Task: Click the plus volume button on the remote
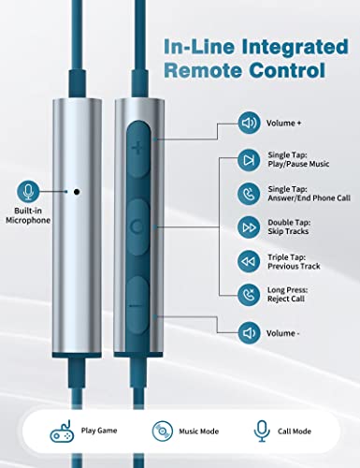(138, 149)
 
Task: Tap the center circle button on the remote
(137, 227)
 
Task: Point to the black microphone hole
(77, 192)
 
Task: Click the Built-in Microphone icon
(28, 191)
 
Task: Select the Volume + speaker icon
(249, 123)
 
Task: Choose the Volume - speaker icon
(249, 333)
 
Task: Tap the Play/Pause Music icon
(249, 160)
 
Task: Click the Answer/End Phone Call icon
(249, 194)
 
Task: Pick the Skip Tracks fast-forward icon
(249, 227)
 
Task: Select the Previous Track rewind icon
(249, 261)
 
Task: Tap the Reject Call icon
(249, 295)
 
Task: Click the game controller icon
(63, 431)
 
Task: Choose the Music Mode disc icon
(163, 431)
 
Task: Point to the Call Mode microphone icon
(262, 431)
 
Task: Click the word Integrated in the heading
(295, 48)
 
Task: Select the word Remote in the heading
(203, 70)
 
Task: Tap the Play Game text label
(99, 431)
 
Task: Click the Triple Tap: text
(287, 257)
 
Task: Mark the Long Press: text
(288, 290)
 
